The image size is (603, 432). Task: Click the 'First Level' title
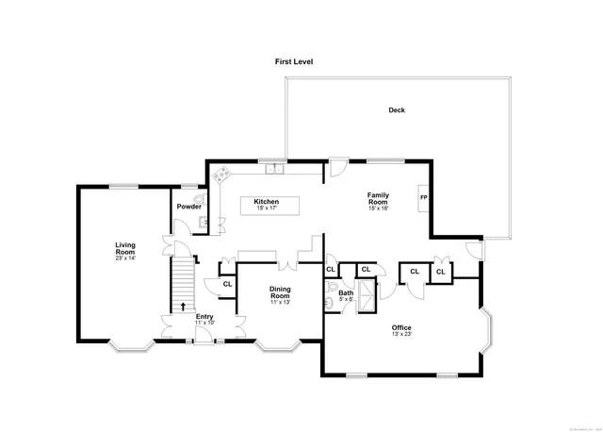(x=294, y=61)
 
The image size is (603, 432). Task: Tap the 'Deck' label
(x=398, y=109)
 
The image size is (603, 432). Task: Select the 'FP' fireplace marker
(x=423, y=197)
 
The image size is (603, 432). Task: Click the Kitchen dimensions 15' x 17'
(x=266, y=208)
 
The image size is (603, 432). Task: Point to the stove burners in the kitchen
(x=222, y=174)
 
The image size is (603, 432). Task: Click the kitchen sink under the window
(x=273, y=170)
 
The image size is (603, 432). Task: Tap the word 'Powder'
(x=188, y=207)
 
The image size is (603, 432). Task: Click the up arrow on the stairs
(x=183, y=306)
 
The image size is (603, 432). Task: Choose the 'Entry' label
(x=204, y=316)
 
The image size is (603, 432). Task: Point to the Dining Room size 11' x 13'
(x=280, y=302)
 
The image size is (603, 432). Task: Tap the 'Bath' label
(x=346, y=292)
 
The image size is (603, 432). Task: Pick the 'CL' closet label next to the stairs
(x=227, y=284)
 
